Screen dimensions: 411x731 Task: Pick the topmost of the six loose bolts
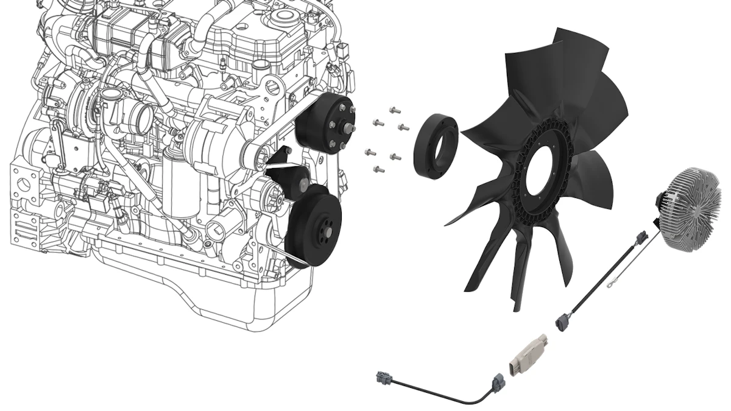pyautogui.click(x=394, y=111)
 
